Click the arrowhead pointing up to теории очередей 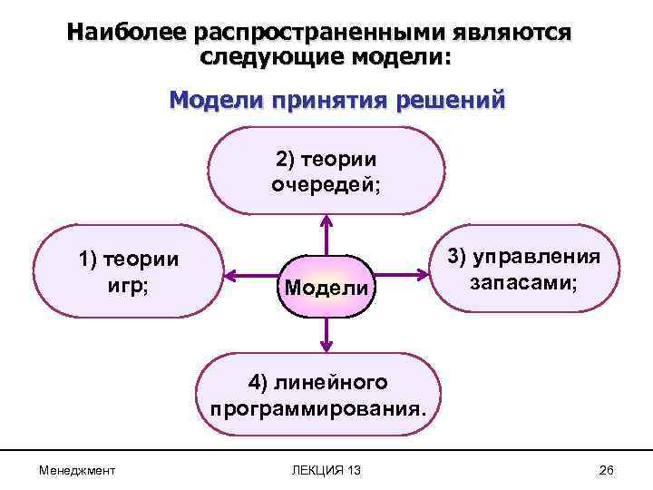tap(326, 220)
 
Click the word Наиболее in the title tap(124, 33)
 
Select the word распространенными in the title tap(327, 33)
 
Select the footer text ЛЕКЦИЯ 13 tap(326, 471)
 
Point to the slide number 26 tap(608, 471)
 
